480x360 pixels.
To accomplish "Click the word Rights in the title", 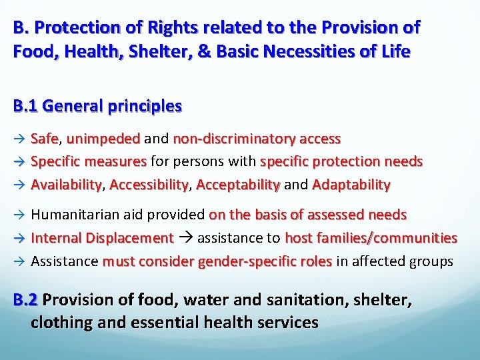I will click(168, 28).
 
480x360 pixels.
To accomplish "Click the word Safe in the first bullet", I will click(45, 139).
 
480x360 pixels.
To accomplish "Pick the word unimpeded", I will click(103, 139).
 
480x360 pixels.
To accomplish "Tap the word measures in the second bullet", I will click(117, 161).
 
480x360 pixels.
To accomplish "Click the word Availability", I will click(67, 184).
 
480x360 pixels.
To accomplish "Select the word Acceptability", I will click(238, 184).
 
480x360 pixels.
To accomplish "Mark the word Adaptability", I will click(351, 184).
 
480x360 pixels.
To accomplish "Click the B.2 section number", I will click(26, 299).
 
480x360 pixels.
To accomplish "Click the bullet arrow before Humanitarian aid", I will click(19, 215).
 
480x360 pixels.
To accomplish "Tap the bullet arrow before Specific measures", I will click(19, 162).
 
